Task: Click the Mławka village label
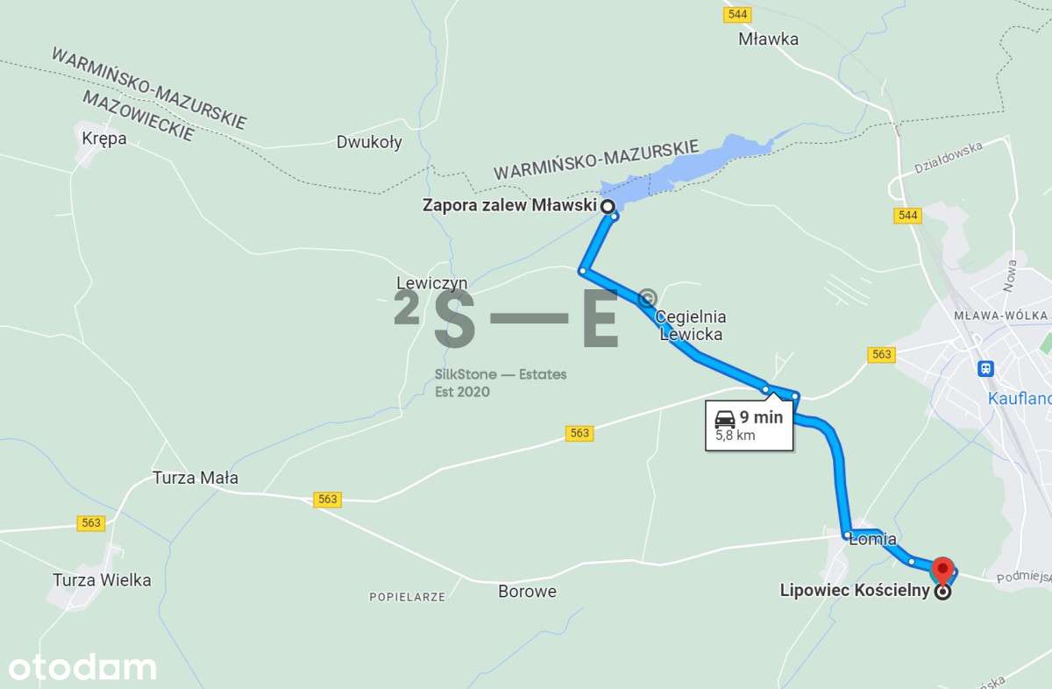[769, 39]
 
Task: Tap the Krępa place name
[103, 139]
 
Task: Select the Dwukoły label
[369, 142]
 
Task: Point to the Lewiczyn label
[431, 283]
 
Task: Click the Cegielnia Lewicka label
[692, 325]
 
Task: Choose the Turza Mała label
[195, 478]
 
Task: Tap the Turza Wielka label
[102, 580]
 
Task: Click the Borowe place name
[527, 591]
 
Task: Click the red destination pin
[942, 570]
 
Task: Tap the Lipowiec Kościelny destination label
[854, 591]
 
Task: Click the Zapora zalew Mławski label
[508, 206]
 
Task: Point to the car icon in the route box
[724, 417]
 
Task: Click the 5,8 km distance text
[735, 435]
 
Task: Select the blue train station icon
[987, 368]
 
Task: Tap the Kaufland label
[1020, 398]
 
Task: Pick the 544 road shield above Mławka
[735, 15]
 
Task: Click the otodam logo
[79, 667]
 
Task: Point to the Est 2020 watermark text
[462, 392]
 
